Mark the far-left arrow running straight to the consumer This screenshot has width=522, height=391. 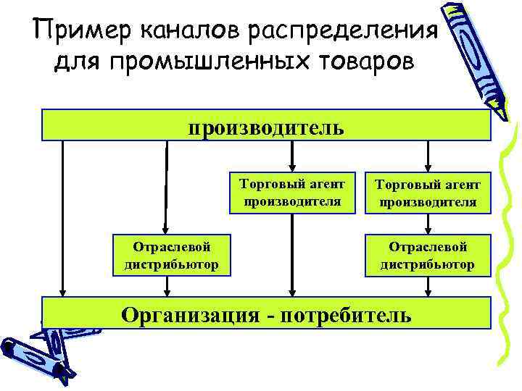click(x=63, y=217)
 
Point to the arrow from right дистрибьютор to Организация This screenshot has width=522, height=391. click(x=428, y=287)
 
